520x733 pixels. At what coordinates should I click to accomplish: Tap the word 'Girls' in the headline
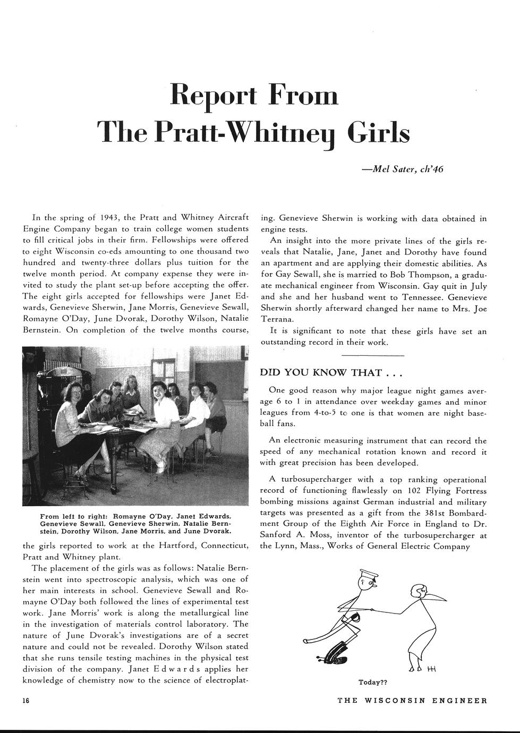tap(378, 132)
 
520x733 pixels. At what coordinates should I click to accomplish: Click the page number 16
tap(26, 701)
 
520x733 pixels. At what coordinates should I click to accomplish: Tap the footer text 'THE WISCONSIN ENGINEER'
tap(412, 701)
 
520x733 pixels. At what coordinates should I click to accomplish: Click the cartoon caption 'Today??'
tap(373, 682)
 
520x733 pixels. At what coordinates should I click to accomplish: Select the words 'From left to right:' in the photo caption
tap(69, 516)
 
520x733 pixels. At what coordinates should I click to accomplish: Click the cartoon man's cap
tap(368, 574)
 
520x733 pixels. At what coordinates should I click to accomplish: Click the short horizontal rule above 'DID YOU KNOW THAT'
tap(372, 355)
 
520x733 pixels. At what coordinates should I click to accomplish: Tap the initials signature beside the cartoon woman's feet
tap(431, 669)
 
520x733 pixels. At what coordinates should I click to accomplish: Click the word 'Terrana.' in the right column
tap(277, 320)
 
